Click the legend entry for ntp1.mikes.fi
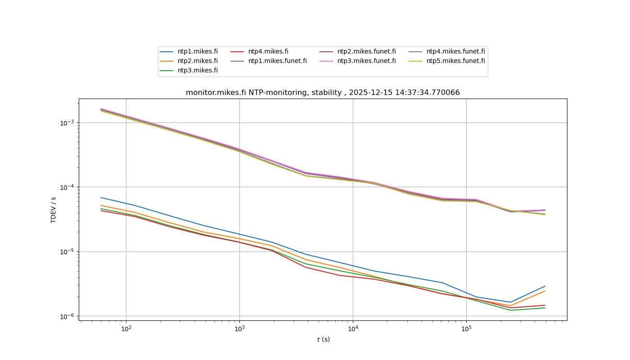click(198, 51)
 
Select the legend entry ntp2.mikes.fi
click(198, 61)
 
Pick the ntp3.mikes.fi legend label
click(198, 70)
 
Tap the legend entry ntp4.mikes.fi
click(268, 51)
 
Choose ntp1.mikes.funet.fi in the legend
click(277, 61)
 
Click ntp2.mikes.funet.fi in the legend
click(366, 51)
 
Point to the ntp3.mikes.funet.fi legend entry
click(366, 61)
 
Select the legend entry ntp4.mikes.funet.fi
click(455, 51)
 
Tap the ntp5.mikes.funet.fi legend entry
click(455, 61)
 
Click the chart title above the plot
click(323, 93)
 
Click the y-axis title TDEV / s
click(54, 210)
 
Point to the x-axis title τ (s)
click(323, 339)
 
